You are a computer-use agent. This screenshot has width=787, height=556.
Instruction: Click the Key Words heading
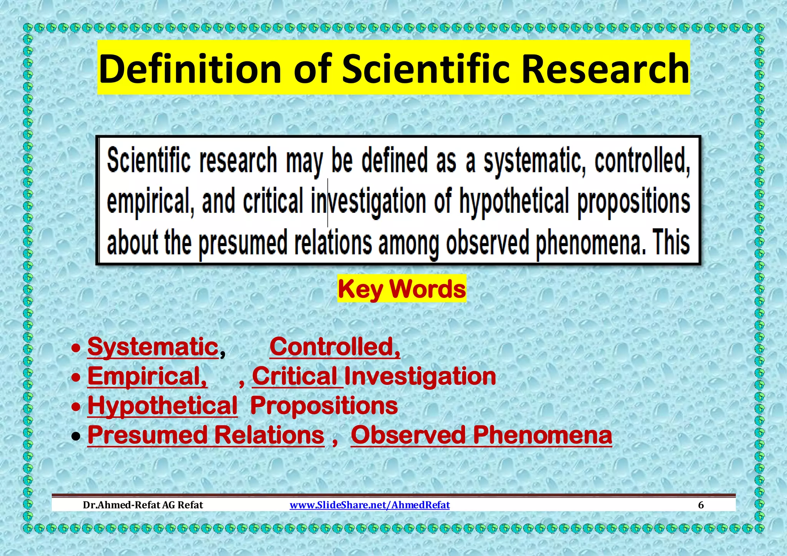coord(402,289)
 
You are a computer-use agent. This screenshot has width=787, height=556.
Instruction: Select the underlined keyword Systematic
coord(153,347)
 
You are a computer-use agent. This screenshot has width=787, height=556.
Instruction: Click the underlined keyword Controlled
coord(334,347)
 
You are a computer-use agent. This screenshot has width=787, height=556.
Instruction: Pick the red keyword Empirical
coord(147,376)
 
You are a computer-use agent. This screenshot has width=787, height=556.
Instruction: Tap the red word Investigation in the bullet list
coord(420,376)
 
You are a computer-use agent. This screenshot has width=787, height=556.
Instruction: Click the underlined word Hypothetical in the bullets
coord(163,405)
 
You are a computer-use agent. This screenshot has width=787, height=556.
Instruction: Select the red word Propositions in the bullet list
coord(324,405)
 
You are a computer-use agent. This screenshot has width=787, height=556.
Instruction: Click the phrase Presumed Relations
coord(206,435)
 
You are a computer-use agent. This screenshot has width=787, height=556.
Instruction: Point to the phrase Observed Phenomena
coord(481,435)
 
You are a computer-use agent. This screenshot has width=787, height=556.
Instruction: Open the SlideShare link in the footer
coord(369,505)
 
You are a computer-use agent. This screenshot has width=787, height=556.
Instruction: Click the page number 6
coord(701,505)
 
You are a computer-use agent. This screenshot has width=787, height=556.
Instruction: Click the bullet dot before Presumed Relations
coord(76,437)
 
